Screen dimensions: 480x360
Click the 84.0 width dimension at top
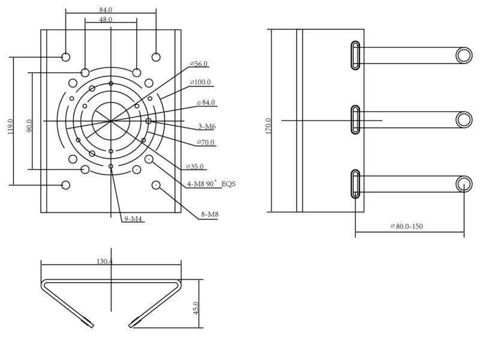[106, 10]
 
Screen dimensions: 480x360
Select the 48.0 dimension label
[106, 20]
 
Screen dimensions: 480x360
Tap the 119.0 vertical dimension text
[10, 127]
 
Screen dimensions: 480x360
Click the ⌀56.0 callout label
[199, 64]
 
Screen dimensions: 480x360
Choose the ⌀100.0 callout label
[200, 82]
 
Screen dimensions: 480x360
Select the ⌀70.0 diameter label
[206, 142]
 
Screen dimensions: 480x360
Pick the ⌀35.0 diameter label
[194, 167]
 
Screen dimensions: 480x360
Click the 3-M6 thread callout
[207, 127]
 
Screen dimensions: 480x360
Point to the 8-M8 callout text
[209, 214]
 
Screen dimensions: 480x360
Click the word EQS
[229, 184]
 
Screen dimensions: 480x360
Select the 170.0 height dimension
[268, 126]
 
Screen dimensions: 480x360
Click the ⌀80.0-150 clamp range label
[407, 226]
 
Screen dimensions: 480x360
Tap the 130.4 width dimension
[104, 262]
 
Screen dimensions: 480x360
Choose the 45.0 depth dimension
[196, 308]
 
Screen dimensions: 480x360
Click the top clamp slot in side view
[355, 55]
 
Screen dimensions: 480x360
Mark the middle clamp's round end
[464, 119]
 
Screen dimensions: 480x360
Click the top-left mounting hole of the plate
[66, 57]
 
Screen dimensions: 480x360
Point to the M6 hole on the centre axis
[148, 121]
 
